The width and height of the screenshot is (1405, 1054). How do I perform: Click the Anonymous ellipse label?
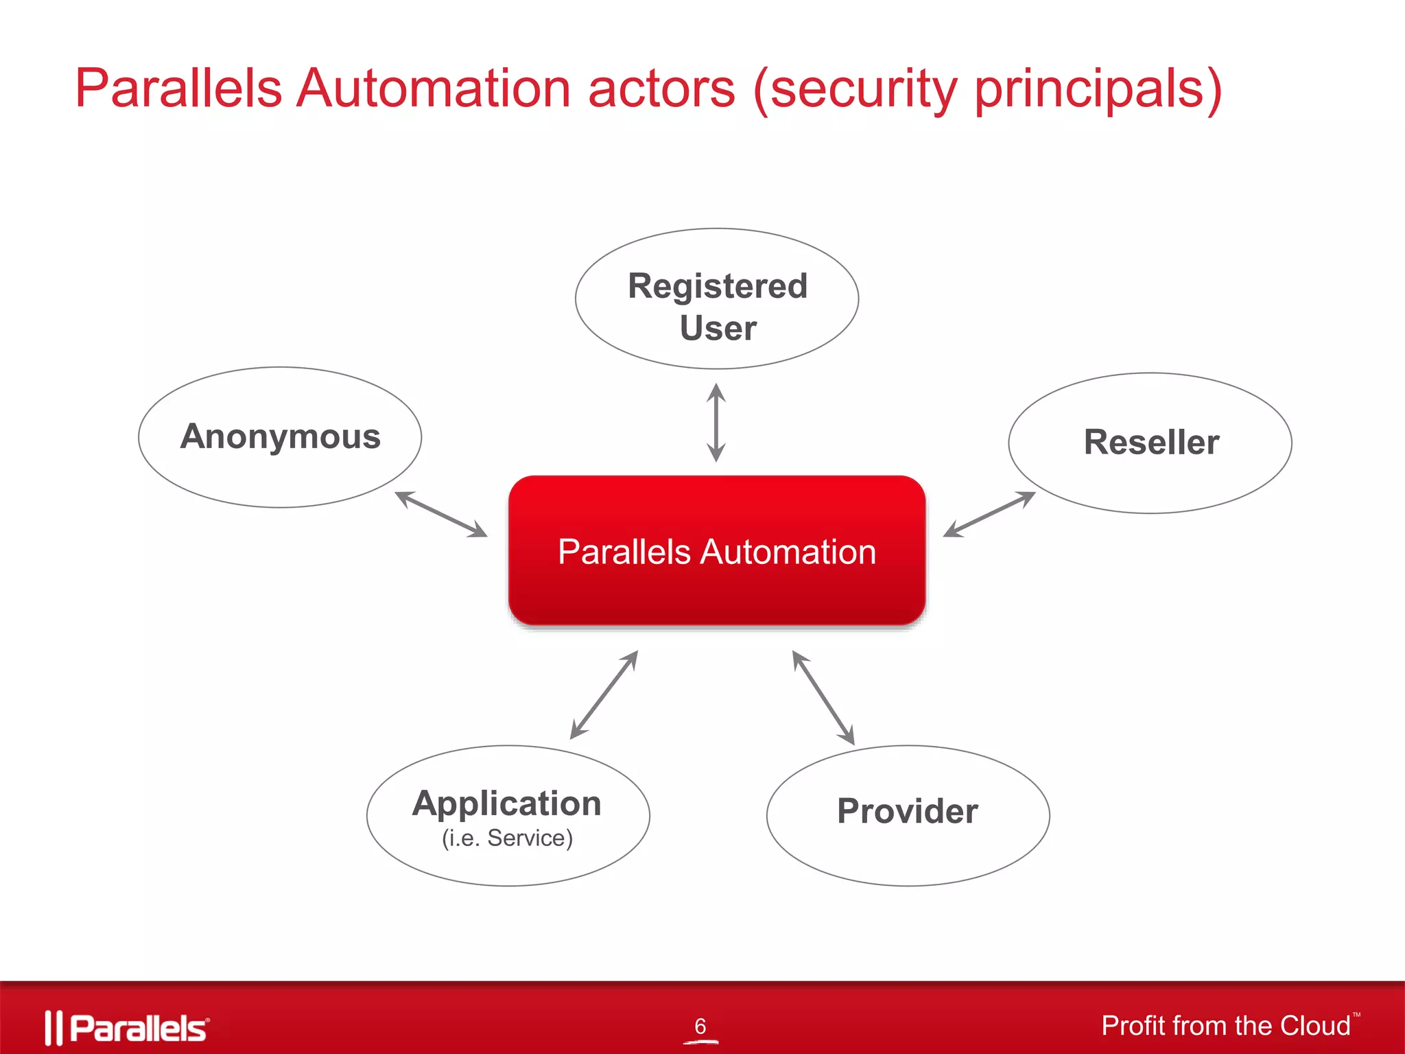tap(280, 437)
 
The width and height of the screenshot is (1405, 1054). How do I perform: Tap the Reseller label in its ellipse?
tap(1151, 443)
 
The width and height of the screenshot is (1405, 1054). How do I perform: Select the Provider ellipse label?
tap(907, 812)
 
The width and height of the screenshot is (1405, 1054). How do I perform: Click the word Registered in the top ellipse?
tap(718, 286)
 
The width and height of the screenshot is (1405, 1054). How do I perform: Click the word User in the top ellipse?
tap(718, 328)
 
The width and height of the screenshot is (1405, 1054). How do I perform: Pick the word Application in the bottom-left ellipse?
tap(507, 804)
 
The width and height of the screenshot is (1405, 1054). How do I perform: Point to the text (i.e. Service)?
tap(507, 839)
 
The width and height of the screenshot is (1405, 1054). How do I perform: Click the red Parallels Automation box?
tap(717, 551)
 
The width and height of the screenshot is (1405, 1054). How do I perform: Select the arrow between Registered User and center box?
tap(716, 423)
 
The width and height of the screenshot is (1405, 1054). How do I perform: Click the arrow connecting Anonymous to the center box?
tap(441, 514)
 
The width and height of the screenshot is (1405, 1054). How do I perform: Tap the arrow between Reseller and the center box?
tap(989, 514)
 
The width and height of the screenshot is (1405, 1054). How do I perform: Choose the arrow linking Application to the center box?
tap(604, 695)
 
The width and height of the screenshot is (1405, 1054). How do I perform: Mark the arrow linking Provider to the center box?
tap(823, 697)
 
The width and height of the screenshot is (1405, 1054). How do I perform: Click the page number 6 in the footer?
tap(700, 1027)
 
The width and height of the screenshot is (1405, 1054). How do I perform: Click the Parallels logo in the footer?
tap(127, 1028)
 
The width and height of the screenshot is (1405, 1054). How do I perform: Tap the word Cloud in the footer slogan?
tap(1314, 1026)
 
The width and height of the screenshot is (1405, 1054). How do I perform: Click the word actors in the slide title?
tap(661, 89)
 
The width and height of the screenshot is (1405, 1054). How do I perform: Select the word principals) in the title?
tap(1098, 89)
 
